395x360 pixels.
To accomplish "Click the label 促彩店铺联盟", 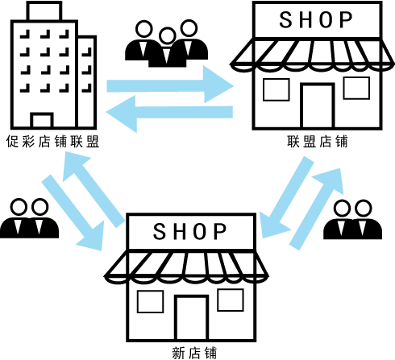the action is [53, 142].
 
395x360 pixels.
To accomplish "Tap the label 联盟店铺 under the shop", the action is [318, 142].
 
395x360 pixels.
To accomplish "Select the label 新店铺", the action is [194, 353].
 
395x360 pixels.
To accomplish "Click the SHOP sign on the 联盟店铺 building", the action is [316, 19].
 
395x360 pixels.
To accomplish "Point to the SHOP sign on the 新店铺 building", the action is [190, 231].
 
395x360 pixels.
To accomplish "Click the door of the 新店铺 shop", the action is [191, 318].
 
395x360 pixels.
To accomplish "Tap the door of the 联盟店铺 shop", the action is [318, 106].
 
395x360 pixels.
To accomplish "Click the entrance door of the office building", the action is [42, 120].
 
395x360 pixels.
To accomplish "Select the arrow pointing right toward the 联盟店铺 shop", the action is [170, 85].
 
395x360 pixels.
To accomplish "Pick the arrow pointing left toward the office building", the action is [169, 114].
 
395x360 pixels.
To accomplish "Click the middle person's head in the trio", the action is [167, 36].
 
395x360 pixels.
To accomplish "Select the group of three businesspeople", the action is [166, 43].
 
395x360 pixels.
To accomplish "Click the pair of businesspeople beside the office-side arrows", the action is [29, 218].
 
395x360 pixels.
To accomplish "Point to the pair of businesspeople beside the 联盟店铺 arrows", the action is [352, 219].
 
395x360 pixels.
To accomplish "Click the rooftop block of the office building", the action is [44, 11].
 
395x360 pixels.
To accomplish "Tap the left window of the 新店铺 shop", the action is [150, 301].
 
